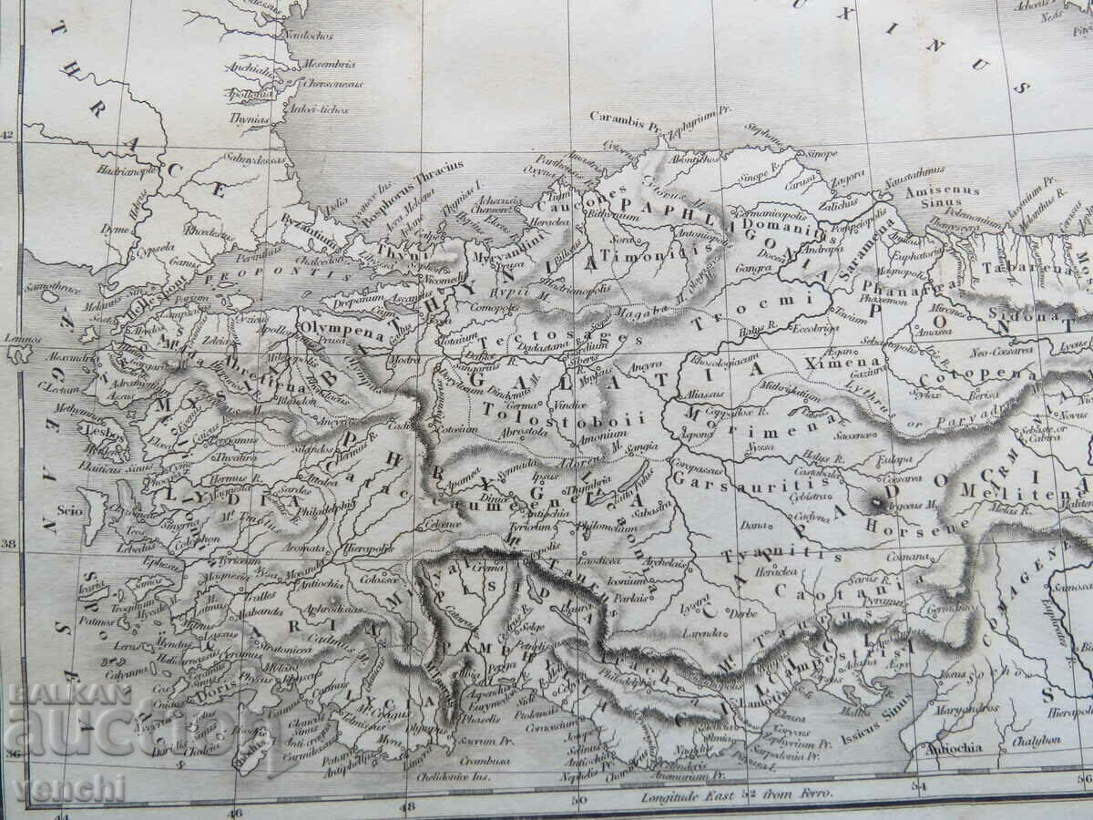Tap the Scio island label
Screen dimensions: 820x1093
69,510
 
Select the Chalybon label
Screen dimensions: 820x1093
1037,741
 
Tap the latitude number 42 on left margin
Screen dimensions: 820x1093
8,136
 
